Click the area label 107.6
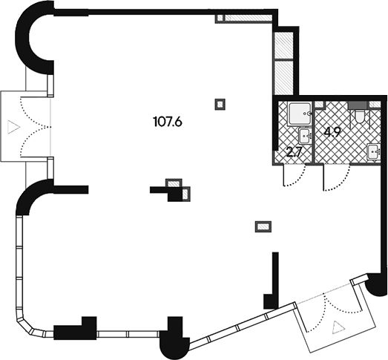click(x=168, y=122)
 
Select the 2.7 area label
click(x=294, y=152)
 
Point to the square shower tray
click(x=300, y=114)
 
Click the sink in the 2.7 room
click(x=306, y=136)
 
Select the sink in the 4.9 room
click(x=374, y=151)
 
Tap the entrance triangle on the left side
click(x=13, y=127)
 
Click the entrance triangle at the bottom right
click(x=338, y=327)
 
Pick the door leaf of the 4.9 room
click(x=324, y=177)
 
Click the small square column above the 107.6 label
click(x=220, y=104)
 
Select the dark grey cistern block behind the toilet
click(x=358, y=105)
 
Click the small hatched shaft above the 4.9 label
click(x=320, y=104)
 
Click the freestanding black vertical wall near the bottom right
click(x=275, y=281)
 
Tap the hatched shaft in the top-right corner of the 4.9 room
click(x=375, y=105)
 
